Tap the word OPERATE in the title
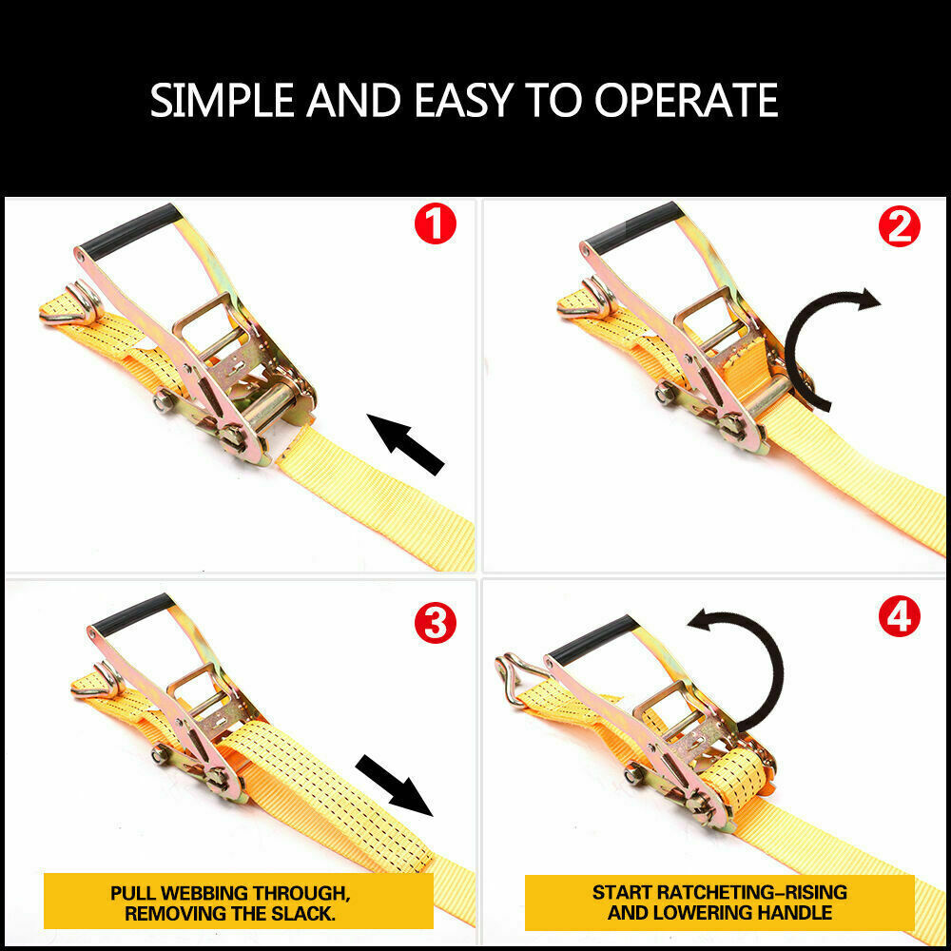click(687, 100)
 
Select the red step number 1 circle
click(434, 225)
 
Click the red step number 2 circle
click(899, 226)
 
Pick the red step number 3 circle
click(434, 624)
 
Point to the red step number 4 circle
click(899, 618)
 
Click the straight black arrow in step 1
click(406, 444)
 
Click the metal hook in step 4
click(516, 678)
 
